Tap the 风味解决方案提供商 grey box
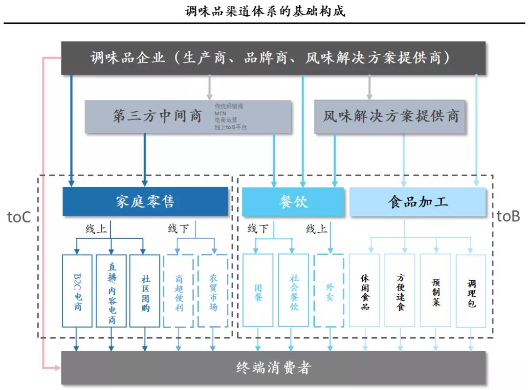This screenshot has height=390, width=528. pyautogui.click(x=390, y=117)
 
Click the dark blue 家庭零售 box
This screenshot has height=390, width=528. pyautogui.click(x=145, y=201)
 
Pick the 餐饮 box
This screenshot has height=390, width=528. pyautogui.click(x=293, y=201)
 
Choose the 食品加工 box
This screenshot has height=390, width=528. pyautogui.click(x=418, y=201)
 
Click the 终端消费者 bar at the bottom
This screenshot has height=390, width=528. pyautogui.click(x=273, y=367)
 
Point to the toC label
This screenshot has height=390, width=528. pyautogui.click(x=19, y=217)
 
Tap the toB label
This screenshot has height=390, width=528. pyautogui.click(x=508, y=217)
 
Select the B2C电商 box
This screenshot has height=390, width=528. pyautogui.click(x=77, y=291)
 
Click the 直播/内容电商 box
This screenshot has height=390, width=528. pyautogui.click(x=111, y=291)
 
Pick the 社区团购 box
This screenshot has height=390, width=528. pyautogui.click(x=145, y=291)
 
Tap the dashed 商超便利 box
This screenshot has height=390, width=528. pyautogui.click(x=179, y=291)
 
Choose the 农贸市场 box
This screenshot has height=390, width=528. pyautogui.click(x=213, y=291)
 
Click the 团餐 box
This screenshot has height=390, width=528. pyautogui.click(x=258, y=291)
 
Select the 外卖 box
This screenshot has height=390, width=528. pyautogui.click(x=330, y=291)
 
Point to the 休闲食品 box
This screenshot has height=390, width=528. pyautogui.click(x=365, y=291)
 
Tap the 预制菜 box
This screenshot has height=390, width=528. pyautogui.click(x=435, y=291)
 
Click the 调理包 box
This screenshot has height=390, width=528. pyautogui.click(x=471, y=291)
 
